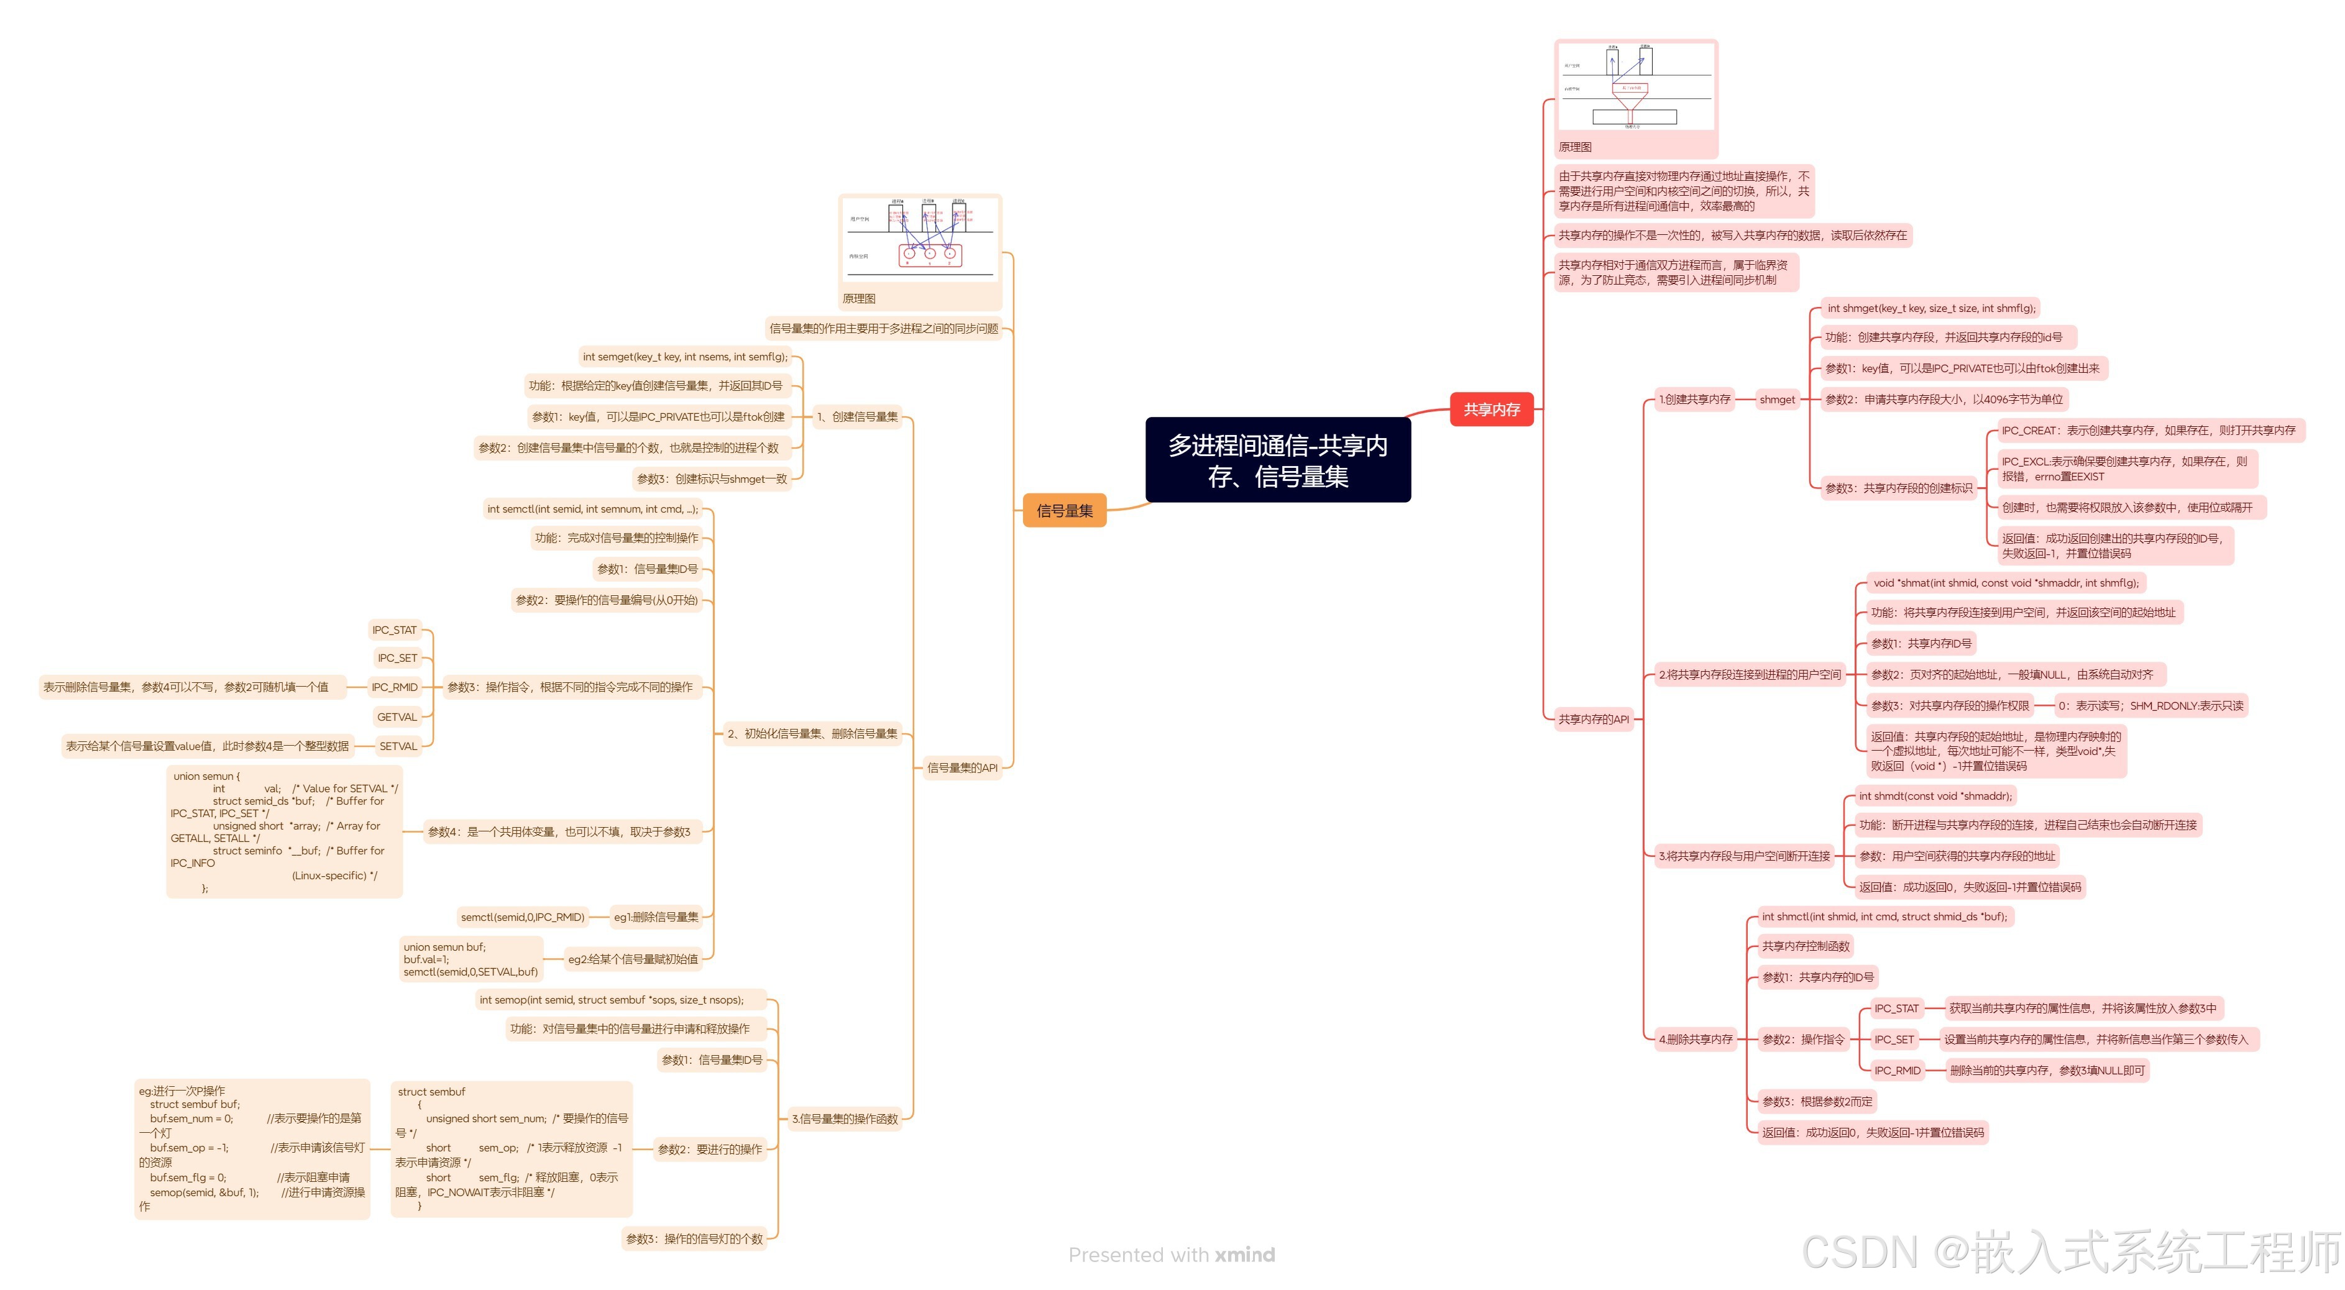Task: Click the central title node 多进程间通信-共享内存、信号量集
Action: tap(1277, 460)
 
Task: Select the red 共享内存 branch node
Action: tap(1491, 409)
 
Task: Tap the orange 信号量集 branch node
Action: tap(1064, 511)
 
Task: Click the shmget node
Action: tap(1776, 400)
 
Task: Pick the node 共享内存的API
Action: tap(1593, 719)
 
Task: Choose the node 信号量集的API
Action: tap(961, 767)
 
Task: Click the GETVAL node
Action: tap(397, 717)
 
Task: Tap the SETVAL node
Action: tap(398, 746)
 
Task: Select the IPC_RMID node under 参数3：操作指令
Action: tap(394, 687)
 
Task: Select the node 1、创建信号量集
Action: tap(856, 417)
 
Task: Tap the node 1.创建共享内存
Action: tap(1694, 400)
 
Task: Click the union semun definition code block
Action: tap(284, 832)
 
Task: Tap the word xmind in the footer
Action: tap(1244, 1255)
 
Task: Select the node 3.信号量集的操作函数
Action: tap(844, 1119)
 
